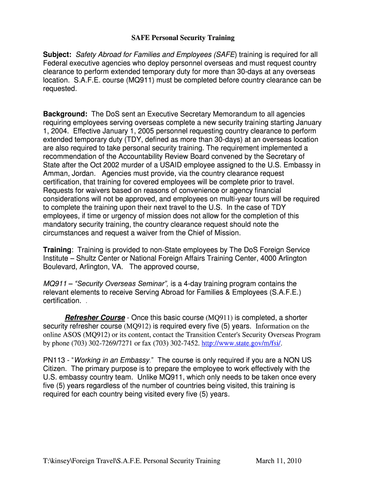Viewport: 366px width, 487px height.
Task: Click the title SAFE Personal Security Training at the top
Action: click(183, 38)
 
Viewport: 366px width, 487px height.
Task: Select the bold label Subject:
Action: click(58, 55)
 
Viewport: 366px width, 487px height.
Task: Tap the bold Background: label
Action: click(66, 114)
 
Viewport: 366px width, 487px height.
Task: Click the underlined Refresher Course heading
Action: click(95, 318)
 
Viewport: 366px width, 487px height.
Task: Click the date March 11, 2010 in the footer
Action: click(279, 461)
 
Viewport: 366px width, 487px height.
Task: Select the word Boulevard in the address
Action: click(60, 267)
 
